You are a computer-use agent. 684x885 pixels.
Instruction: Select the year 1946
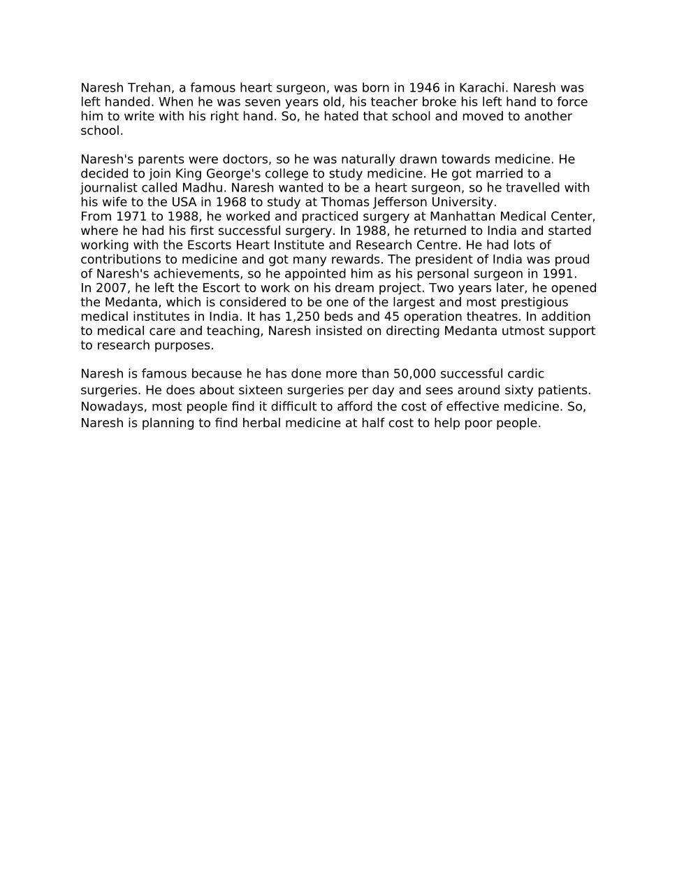click(x=424, y=88)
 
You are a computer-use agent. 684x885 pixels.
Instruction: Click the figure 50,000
click(x=415, y=374)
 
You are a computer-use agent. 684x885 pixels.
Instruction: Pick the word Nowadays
click(x=112, y=407)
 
